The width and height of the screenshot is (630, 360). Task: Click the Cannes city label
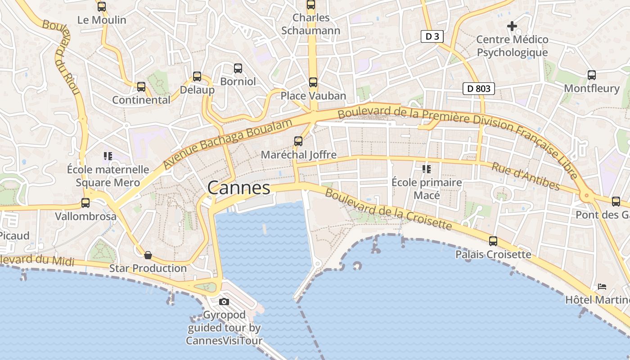point(239,188)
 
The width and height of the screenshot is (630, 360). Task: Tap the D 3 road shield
point(432,36)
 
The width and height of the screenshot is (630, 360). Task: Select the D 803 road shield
point(479,89)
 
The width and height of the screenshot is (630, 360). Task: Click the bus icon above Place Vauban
point(313,82)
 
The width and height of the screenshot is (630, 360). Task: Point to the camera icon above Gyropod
point(224,301)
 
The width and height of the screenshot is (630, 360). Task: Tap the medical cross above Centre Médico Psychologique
point(512,26)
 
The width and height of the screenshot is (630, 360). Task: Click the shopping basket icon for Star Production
point(148,256)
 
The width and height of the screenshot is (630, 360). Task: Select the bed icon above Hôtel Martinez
point(602,286)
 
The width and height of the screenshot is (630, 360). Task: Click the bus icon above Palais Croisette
point(493,241)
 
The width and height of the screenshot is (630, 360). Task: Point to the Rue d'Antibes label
point(526,176)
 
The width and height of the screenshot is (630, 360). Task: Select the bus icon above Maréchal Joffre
point(298,141)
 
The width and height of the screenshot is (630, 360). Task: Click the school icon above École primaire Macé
point(426,169)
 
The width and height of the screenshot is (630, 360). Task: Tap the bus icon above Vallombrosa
point(85,203)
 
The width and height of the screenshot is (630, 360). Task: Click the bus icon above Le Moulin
point(102,7)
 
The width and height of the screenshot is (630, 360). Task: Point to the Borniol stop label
point(238,81)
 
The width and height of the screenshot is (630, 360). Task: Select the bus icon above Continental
point(141,87)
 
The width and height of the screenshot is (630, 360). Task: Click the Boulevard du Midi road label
point(37,260)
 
